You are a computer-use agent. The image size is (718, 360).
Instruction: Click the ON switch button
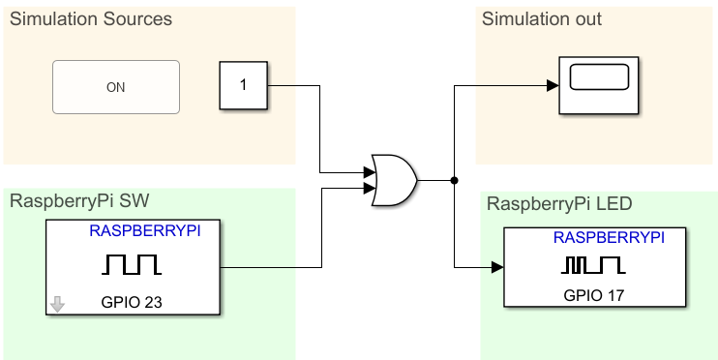(115, 87)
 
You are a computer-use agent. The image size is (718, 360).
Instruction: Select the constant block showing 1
(243, 85)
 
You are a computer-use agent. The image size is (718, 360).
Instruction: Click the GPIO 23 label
(132, 302)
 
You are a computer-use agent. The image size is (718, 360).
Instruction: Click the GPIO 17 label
(594, 295)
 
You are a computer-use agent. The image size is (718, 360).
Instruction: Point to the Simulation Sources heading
(91, 19)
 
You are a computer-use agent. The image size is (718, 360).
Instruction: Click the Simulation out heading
(542, 19)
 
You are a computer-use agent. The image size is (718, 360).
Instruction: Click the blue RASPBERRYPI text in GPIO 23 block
(145, 231)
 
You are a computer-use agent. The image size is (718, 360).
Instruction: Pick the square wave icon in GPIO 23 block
(133, 264)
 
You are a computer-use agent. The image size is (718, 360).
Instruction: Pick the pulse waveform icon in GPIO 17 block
(593, 264)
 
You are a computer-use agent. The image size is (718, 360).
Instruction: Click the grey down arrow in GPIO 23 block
(57, 304)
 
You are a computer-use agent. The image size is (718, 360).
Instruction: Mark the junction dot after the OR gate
(454, 180)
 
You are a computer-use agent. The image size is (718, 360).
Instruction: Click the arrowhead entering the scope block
(552, 85)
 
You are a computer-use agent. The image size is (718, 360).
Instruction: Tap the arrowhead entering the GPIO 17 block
(497, 265)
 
